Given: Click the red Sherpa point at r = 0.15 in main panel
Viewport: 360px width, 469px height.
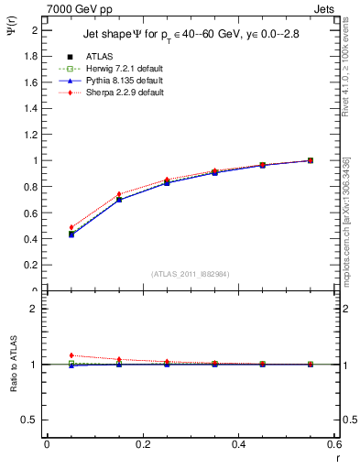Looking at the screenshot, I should coord(119,194).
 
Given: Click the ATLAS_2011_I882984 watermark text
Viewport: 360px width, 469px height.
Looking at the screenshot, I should coord(191,274).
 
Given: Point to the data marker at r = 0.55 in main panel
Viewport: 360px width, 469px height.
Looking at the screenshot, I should coord(311,160).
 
